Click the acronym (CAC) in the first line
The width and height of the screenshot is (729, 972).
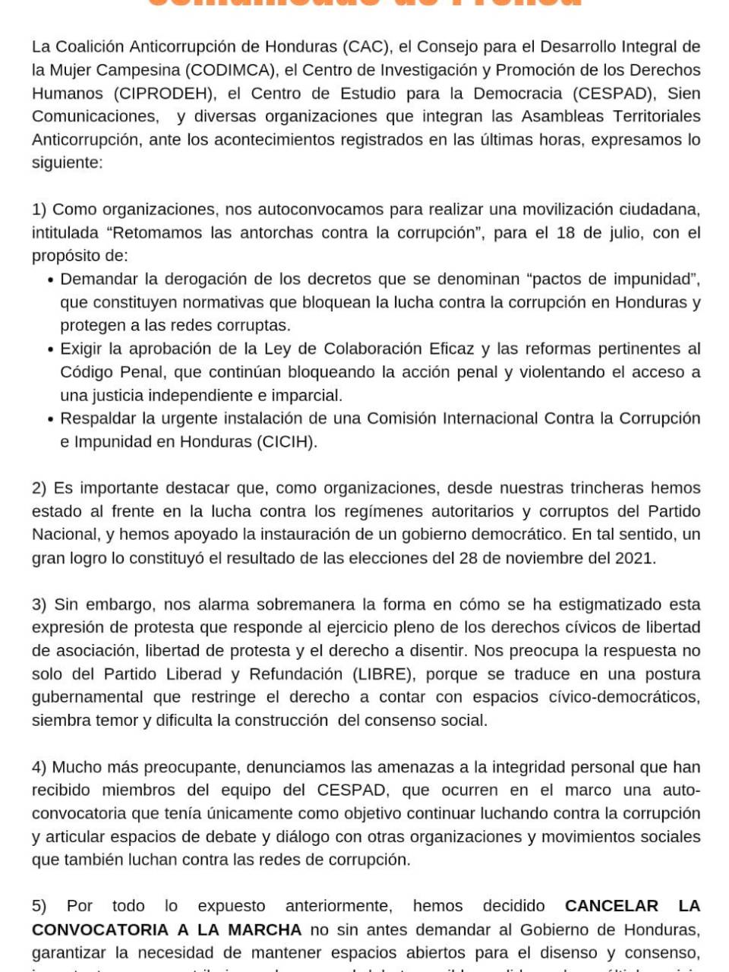point(367,46)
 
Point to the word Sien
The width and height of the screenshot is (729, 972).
point(683,93)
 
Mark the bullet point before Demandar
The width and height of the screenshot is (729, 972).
point(50,279)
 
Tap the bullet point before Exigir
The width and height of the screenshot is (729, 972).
point(50,349)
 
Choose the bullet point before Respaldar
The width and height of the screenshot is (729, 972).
point(50,419)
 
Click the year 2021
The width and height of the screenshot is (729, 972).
point(633,558)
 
